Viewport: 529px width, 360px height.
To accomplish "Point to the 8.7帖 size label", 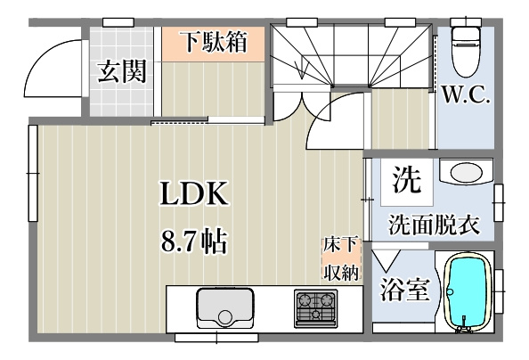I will point(193,240).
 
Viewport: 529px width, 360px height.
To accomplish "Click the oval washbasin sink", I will point(466,171).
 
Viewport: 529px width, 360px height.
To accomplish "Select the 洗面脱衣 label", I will point(434,225).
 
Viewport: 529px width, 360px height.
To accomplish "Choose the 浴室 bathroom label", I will point(403,291).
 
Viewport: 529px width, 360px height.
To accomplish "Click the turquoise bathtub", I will point(468,293).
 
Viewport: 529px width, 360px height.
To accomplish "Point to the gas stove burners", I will point(315,309).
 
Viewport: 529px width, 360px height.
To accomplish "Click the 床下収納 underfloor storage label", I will point(341,258).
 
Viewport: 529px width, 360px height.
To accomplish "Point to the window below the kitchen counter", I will point(209,338).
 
